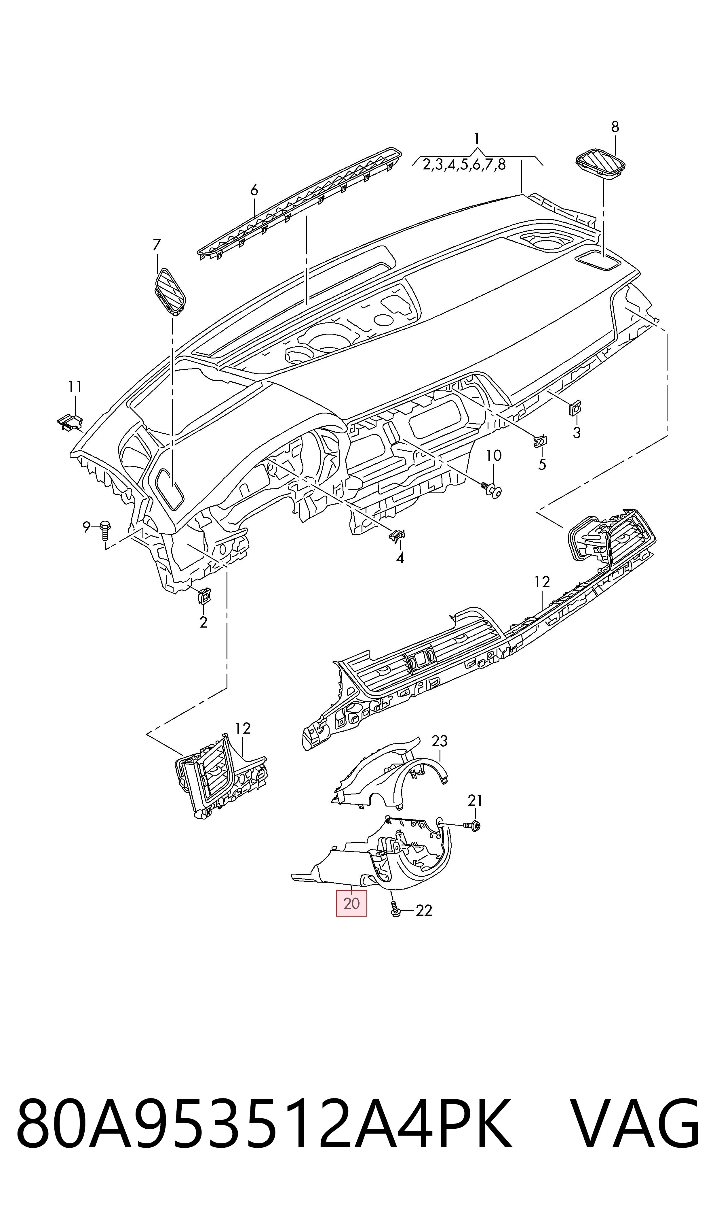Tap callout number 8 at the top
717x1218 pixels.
615,127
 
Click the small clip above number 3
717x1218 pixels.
575,409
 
